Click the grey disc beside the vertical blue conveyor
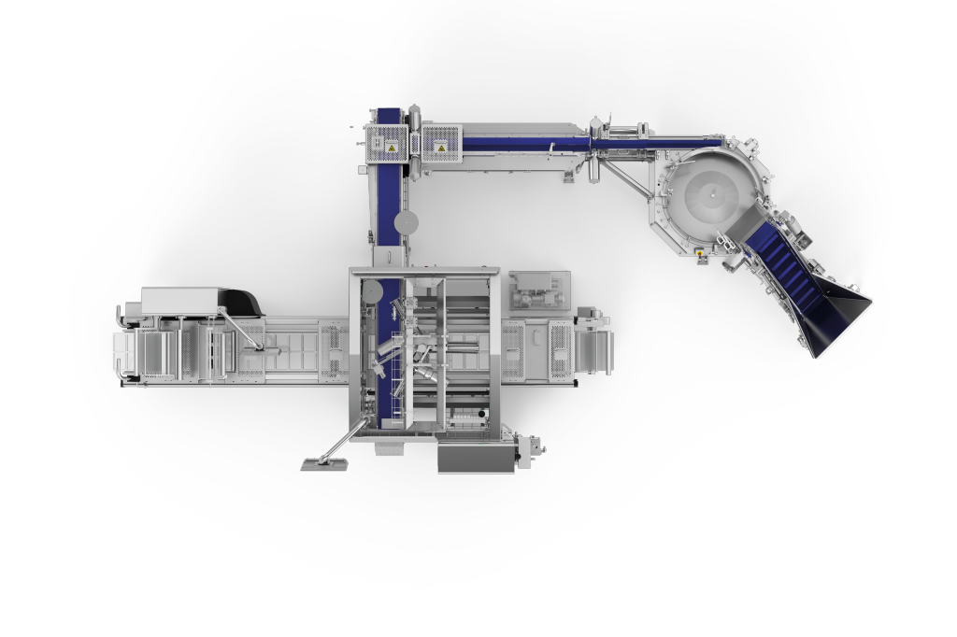tap(407, 221)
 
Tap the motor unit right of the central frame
tap(538, 290)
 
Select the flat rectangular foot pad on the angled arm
tap(322, 464)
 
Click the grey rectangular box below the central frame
tap(476, 458)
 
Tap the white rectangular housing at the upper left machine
tap(179, 299)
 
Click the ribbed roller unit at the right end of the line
tap(593, 352)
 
